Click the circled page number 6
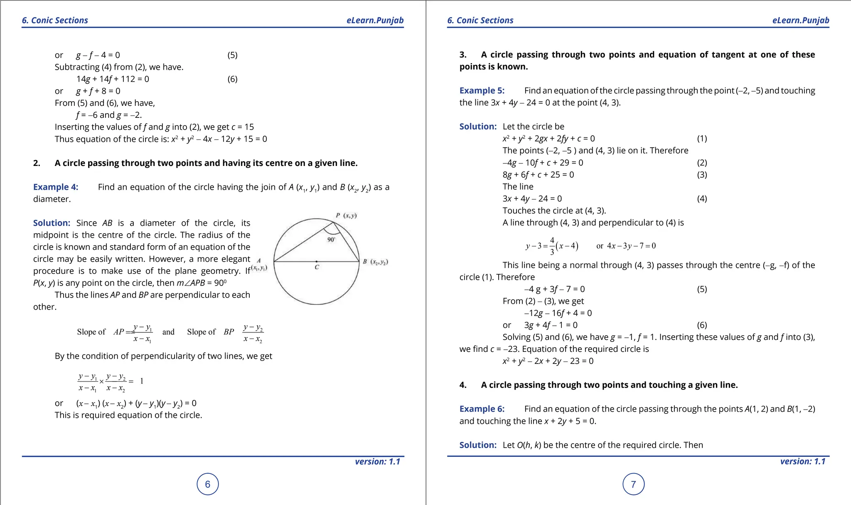pyautogui.click(x=207, y=484)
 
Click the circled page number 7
pyautogui.click(x=633, y=484)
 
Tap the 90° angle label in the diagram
pyautogui.click(x=331, y=239)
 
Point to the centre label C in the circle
pyautogui.click(x=317, y=267)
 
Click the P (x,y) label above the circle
pyautogui.click(x=346, y=215)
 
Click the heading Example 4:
pyautogui.click(x=56, y=187)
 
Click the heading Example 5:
pyautogui.click(x=482, y=90)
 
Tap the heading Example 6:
pyautogui.click(x=482, y=409)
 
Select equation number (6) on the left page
pyautogui.click(x=232, y=79)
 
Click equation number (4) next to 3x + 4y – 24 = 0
pyautogui.click(x=702, y=199)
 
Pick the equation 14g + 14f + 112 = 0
pyautogui.click(x=113, y=79)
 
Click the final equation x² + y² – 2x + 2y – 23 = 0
pyautogui.click(x=548, y=361)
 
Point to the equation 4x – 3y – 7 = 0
pyautogui.click(x=631, y=246)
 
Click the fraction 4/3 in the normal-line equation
pyautogui.click(x=552, y=246)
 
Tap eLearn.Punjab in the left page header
pyautogui.click(x=375, y=20)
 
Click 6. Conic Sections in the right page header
pyautogui.click(x=480, y=20)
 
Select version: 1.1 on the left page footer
pyautogui.click(x=377, y=461)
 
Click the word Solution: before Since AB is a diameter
pyautogui.click(x=52, y=223)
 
